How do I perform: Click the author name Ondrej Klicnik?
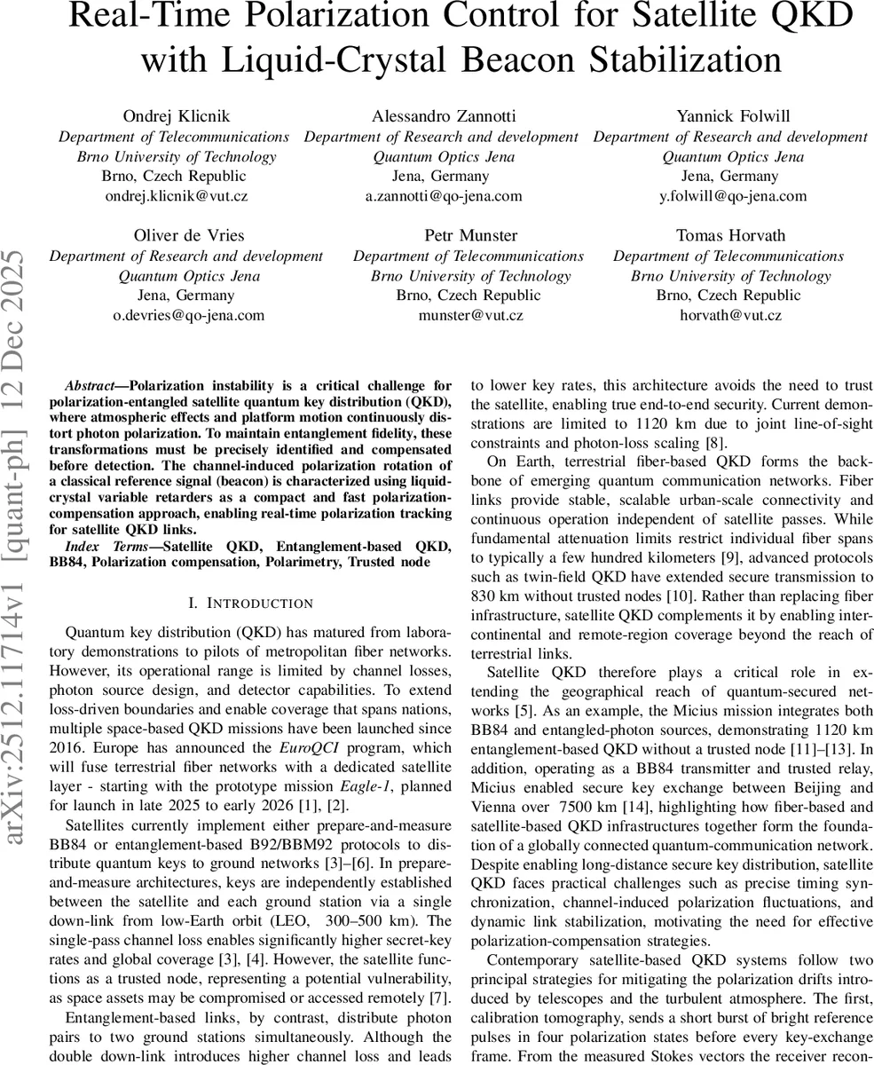pos(174,116)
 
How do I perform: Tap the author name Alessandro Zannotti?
pos(440,116)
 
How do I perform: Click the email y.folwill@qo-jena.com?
pos(733,196)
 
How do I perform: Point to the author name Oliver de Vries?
pos(186,235)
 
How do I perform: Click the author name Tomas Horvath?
pos(728,235)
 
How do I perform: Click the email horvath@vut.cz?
pos(728,315)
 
